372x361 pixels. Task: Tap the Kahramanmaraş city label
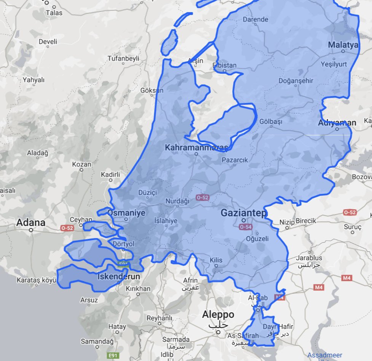pyautogui.click(x=196, y=147)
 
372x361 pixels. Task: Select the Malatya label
pyautogui.click(x=343, y=45)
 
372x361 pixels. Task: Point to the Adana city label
pyautogui.click(x=31, y=223)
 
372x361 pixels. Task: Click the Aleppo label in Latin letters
pyautogui.click(x=218, y=315)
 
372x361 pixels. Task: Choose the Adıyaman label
pyautogui.click(x=337, y=122)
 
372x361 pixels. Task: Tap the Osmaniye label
pyautogui.click(x=126, y=213)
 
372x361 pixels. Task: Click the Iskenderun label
pyautogui.click(x=119, y=277)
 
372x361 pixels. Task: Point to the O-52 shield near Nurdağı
pyautogui.click(x=203, y=198)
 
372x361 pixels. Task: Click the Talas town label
pyautogui.click(x=54, y=13)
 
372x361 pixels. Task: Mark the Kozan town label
pyautogui.click(x=81, y=164)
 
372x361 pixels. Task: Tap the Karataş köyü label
pyautogui.click(x=36, y=280)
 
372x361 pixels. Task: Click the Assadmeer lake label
pyautogui.click(x=325, y=355)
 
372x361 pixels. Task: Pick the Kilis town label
pyautogui.click(x=216, y=260)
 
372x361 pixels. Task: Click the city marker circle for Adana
pyautogui.click(x=31, y=230)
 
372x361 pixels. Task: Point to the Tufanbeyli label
pyautogui.click(x=123, y=59)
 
